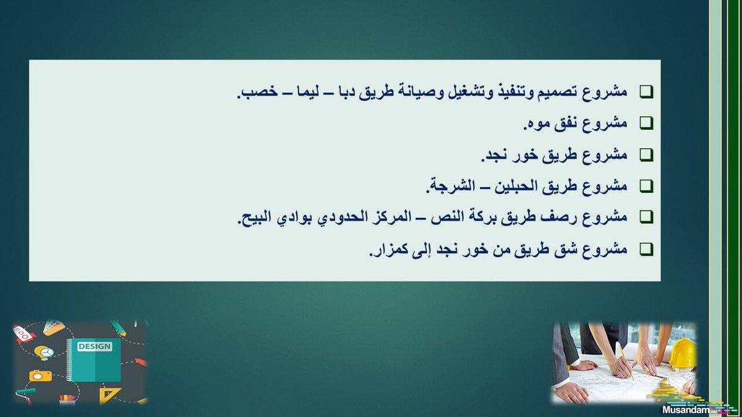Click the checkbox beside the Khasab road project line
coord(646,92)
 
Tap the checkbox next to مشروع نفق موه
coord(646,123)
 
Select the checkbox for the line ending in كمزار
coord(646,249)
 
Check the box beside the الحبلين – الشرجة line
coord(646,186)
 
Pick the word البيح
coord(254,217)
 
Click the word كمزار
coord(388,249)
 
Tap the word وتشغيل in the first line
coord(470,91)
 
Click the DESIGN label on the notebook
coord(95,347)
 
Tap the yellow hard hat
coord(683,353)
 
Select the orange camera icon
coord(40,376)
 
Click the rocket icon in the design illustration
coord(24,333)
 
